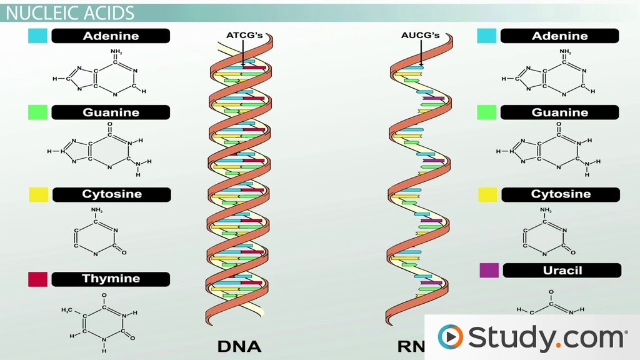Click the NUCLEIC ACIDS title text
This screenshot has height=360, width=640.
70,13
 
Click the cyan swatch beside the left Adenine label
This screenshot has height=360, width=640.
37,36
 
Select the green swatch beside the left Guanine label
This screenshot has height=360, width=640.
37,112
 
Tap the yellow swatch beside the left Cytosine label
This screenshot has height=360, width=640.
39,195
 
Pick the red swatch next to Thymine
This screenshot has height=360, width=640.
37,279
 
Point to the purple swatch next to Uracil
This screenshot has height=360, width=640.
489,270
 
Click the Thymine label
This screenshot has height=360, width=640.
111,279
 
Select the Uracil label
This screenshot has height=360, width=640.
562,270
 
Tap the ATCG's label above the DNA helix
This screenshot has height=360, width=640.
244,35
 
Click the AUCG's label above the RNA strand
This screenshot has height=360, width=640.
421,35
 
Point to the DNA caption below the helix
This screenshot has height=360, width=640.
239,346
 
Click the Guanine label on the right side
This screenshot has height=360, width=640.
559,112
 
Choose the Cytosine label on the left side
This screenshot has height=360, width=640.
112,194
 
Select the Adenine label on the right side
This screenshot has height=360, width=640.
559,36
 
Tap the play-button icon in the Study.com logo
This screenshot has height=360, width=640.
450,337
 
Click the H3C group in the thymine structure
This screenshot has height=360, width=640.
67,310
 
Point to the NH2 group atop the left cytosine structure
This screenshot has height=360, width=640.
97,210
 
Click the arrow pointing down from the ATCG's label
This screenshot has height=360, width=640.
243,53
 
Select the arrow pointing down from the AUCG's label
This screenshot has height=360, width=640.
421,53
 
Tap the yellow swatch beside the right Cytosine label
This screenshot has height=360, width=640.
487,195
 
